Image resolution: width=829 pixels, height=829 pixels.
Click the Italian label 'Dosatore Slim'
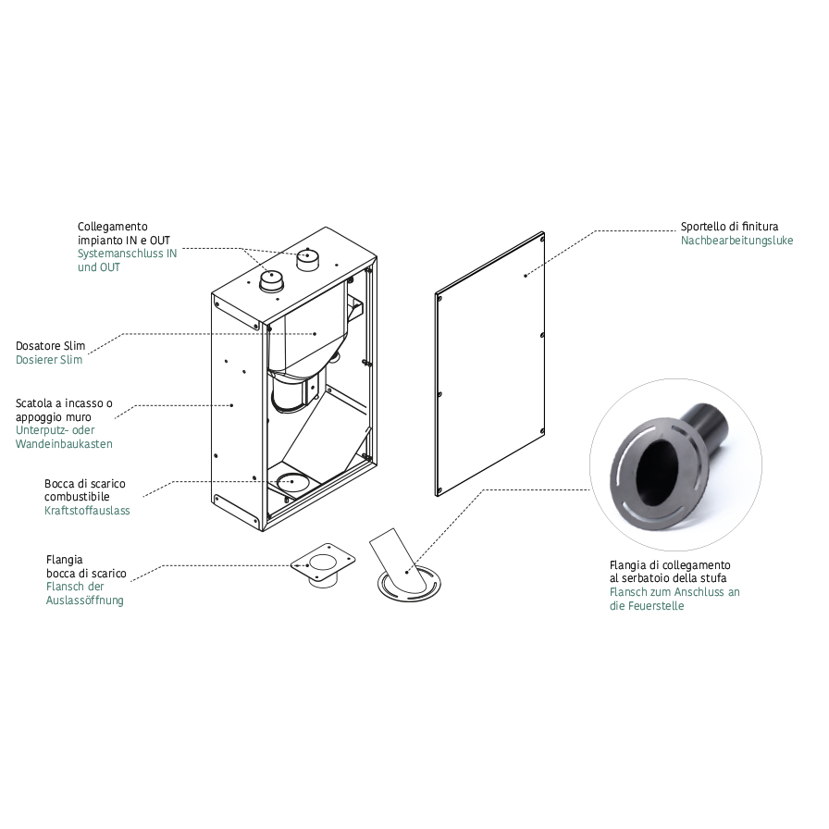(50, 345)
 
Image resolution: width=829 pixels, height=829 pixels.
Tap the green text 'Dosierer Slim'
(49, 359)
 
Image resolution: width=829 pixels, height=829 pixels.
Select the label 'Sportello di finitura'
(729, 227)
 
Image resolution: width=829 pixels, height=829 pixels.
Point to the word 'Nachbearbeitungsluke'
(730, 241)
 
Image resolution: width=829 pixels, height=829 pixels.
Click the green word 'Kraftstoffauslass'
(87, 511)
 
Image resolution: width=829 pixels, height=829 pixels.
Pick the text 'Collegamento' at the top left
(112, 227)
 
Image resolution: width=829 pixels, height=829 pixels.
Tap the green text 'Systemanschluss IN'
(127, 254)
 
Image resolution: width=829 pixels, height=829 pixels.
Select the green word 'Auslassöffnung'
(84, 600)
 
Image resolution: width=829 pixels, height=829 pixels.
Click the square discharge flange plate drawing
(323, 560)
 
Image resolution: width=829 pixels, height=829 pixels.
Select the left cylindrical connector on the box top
(271, 279)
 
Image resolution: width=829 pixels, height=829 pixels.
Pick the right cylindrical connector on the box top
(306, 258)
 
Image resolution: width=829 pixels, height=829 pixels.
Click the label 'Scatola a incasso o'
(64, 403)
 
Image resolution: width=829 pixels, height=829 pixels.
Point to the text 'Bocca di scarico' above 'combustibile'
(84, 484)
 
